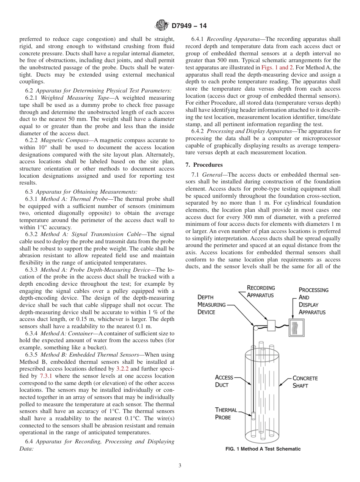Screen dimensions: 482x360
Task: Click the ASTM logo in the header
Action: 162,26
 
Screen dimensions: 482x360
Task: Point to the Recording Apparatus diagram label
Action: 261,291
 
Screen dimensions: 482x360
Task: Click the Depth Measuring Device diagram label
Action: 211,305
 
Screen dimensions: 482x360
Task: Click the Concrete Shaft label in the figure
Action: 305,382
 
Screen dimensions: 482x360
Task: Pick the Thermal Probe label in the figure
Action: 226,413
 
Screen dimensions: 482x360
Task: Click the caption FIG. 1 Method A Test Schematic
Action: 263,449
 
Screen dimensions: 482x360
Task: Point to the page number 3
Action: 180,466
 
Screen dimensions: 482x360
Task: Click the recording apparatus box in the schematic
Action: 271,325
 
